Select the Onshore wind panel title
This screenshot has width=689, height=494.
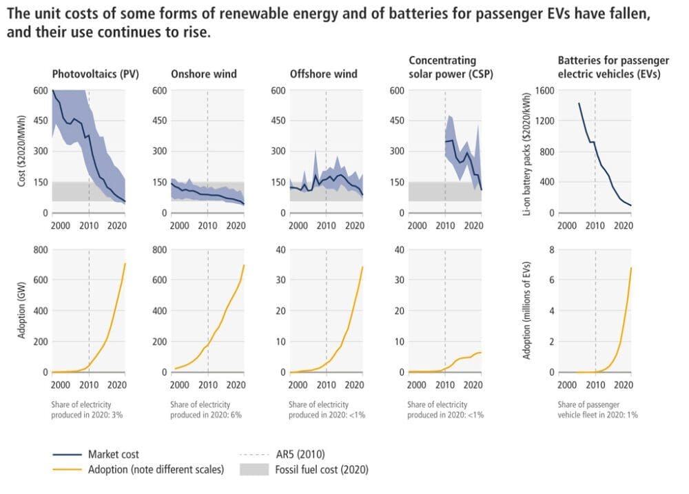coord(203,74)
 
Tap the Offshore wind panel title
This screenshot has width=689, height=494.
coord(324,74)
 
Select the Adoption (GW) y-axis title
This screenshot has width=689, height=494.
coord(22,311)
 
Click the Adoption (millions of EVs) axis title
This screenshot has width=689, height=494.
coord(527,311)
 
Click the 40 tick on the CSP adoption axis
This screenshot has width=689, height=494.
coord(398,249)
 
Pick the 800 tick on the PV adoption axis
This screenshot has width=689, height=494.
coord(41,249)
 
